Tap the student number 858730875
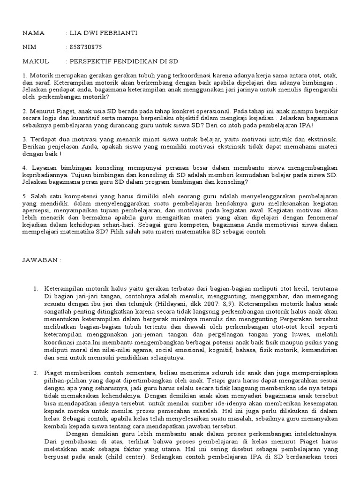point(86,47)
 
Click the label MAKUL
point(36,61)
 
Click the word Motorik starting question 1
point(41,75)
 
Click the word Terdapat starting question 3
point(45,140)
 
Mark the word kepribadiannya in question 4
point(45,174)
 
